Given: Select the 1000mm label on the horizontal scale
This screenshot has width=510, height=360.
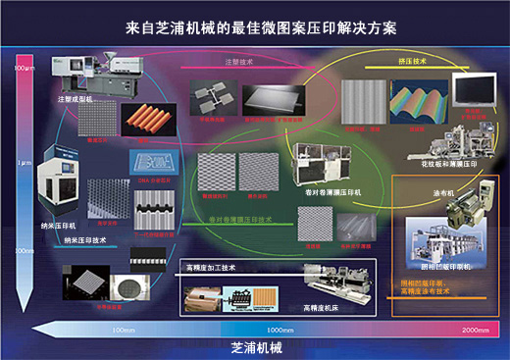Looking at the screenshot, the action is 280,330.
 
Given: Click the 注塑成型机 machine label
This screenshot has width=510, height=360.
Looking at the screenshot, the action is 75,99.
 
